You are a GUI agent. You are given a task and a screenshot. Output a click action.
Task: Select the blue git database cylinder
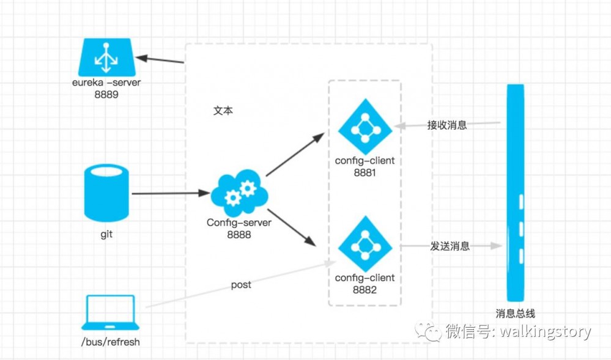pos(106,194)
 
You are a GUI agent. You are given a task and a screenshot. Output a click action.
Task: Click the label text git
pos(106,234)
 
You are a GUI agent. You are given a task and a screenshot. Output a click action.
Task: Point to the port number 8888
pos(239,233)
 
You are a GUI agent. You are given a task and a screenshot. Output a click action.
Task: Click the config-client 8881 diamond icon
pos(365,127)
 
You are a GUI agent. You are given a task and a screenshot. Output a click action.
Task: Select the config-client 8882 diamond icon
pos(365,243)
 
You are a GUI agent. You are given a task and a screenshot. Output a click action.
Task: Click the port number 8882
pos(365,290)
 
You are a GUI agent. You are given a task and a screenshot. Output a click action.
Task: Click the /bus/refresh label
pos(110,342)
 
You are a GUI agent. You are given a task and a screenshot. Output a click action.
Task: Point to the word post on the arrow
pos(241,285)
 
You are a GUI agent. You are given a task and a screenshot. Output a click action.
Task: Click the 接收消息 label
pos(446,125)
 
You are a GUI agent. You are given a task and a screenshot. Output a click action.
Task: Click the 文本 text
pos(223,111)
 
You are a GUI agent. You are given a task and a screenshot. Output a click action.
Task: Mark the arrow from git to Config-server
pos(170,194)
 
